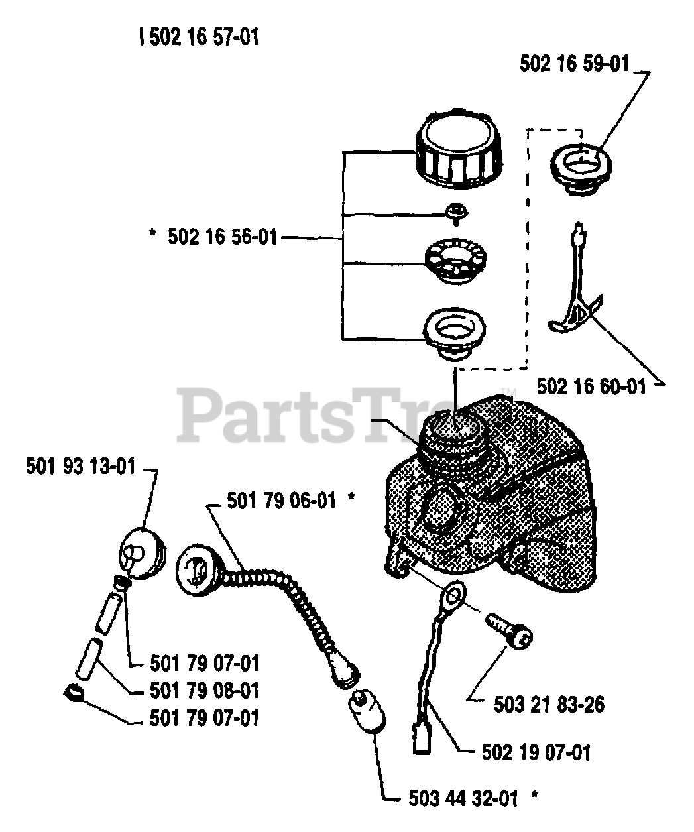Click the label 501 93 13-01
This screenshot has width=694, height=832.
pyautogui.click(x=81, y=466)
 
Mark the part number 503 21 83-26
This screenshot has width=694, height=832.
pyautogui.click(x=549, y=704)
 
